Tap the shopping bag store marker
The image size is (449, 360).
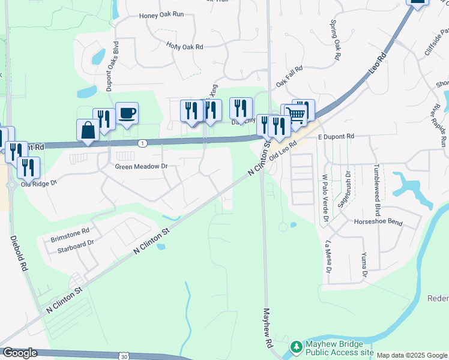(88, 130)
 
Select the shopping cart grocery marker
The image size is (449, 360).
(296, 114)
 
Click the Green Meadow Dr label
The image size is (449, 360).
(141, 166)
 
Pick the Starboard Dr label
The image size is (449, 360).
(73, 243)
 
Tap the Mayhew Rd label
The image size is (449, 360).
(268, 329)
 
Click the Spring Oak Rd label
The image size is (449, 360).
(335, 41)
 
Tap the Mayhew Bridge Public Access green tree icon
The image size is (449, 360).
(295, 347)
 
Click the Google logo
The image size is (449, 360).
(20, 353)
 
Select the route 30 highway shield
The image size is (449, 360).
(123, 356)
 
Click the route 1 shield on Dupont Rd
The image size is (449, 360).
(142, 143)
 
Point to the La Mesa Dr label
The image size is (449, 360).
(328, 257)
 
